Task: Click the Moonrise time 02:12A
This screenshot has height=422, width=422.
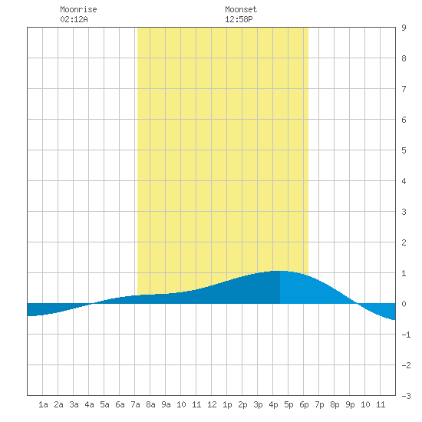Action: click(74, 19)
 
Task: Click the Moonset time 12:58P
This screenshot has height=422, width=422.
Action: click(239, 19)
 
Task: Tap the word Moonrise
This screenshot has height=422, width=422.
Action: click(78, 9)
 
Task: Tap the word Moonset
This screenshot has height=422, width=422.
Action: click(241, 9)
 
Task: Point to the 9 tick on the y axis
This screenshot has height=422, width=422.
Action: click(404, 28)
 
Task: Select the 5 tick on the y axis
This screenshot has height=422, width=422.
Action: click(404, 150)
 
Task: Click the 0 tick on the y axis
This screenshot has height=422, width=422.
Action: click(404, 304)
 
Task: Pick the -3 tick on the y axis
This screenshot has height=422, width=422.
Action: click(406, 396)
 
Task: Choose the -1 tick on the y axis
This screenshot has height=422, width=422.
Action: click(406, 335)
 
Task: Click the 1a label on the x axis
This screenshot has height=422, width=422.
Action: click(43, 404)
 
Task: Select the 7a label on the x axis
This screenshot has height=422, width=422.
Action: click(135, 404)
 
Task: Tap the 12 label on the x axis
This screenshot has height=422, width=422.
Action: click(212, 404)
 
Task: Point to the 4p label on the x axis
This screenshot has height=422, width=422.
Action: click(273, 404)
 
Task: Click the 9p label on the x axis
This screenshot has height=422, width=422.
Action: click(350, 404)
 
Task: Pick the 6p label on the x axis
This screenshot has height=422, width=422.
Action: click(304, 404)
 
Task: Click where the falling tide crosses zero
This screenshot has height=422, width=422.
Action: click(357, 304)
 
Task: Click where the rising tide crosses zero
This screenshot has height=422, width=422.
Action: click(92, 304)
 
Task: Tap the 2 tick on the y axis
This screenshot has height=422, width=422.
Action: click(404, 242)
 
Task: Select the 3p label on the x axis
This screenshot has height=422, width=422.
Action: click(258, 404)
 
